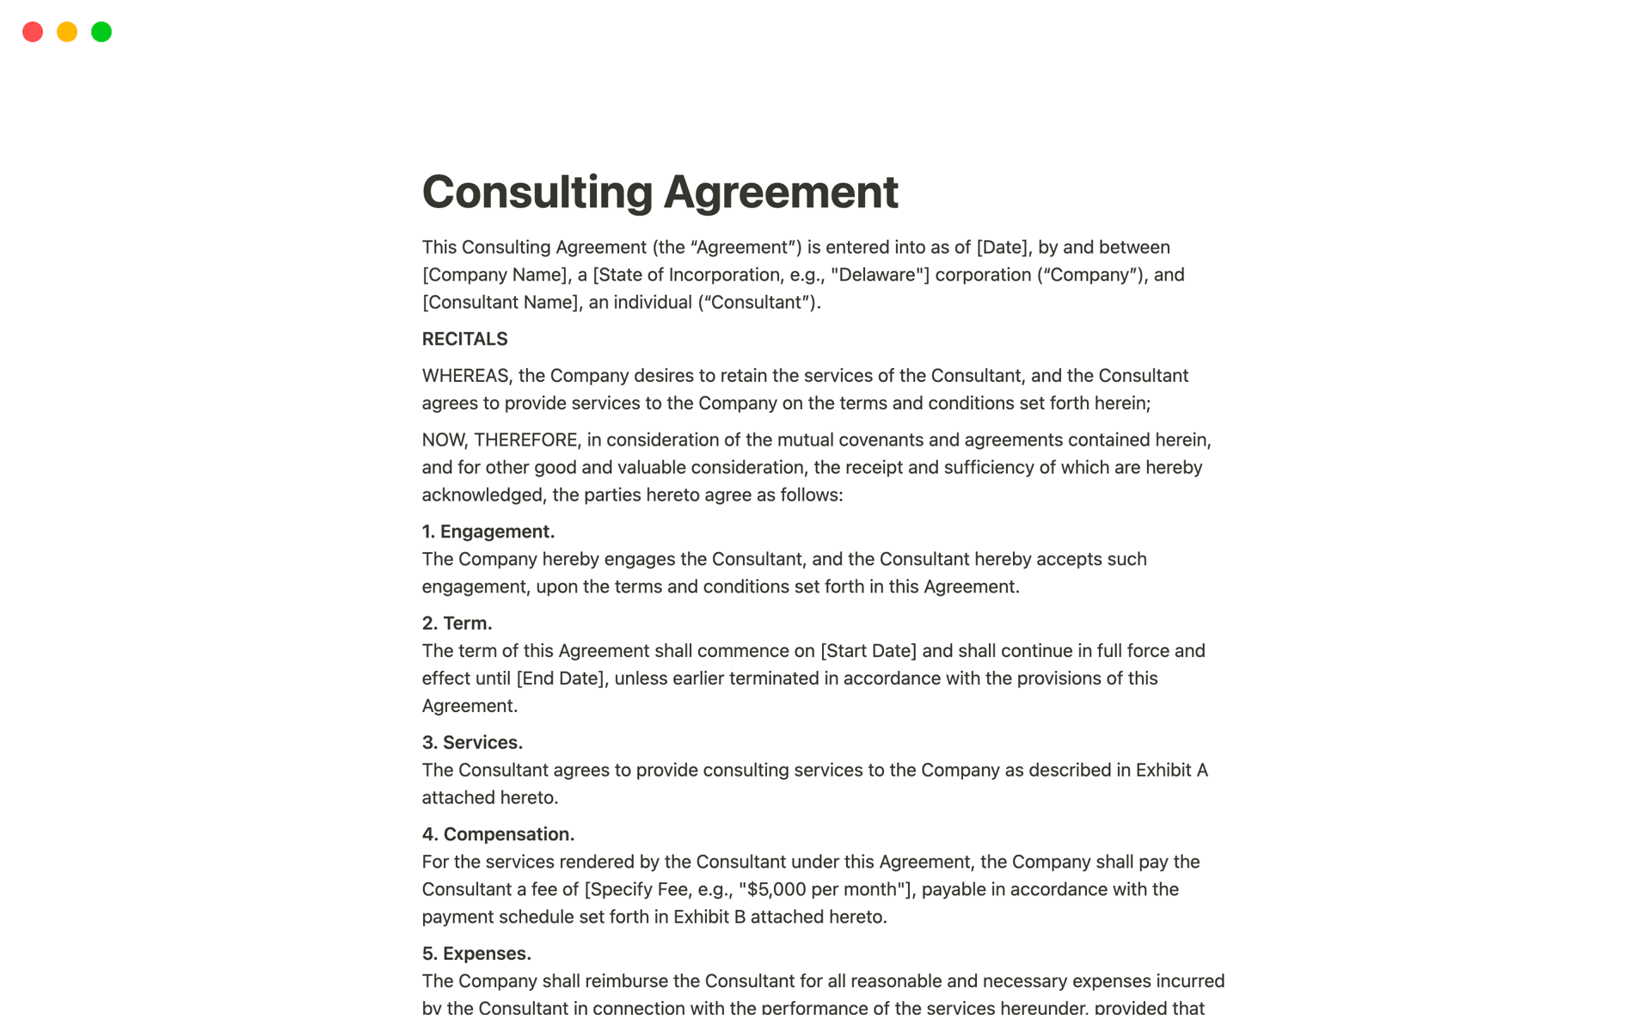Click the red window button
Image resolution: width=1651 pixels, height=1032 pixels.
click(33, 32)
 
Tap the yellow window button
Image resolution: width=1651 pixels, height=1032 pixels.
click(67, 32)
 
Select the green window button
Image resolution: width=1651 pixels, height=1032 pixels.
click(101, 32)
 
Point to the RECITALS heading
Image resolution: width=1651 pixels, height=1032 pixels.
click(464, 339)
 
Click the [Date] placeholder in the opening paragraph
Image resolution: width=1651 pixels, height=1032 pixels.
click(1002, 248)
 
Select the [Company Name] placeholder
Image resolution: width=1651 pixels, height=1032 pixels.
click(495, 275)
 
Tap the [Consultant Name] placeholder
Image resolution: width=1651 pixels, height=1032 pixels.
click(500, 303)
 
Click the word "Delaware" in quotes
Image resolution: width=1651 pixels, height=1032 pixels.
click(877, 275)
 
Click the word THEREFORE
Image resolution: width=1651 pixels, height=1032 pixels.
click(526, 440)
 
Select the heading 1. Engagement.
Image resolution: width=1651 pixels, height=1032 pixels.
click(488, 531)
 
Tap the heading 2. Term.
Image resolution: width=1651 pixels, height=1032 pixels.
click(457, 623)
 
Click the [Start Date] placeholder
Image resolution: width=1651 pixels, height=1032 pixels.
click(868, 651)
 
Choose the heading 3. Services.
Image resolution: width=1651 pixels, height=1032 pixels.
click(472, 743)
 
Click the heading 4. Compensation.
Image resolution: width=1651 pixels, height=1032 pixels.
click(498, 834)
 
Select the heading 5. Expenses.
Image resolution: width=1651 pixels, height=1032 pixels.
click(476, 954)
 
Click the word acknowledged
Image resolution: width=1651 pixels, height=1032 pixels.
click(482, 495)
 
